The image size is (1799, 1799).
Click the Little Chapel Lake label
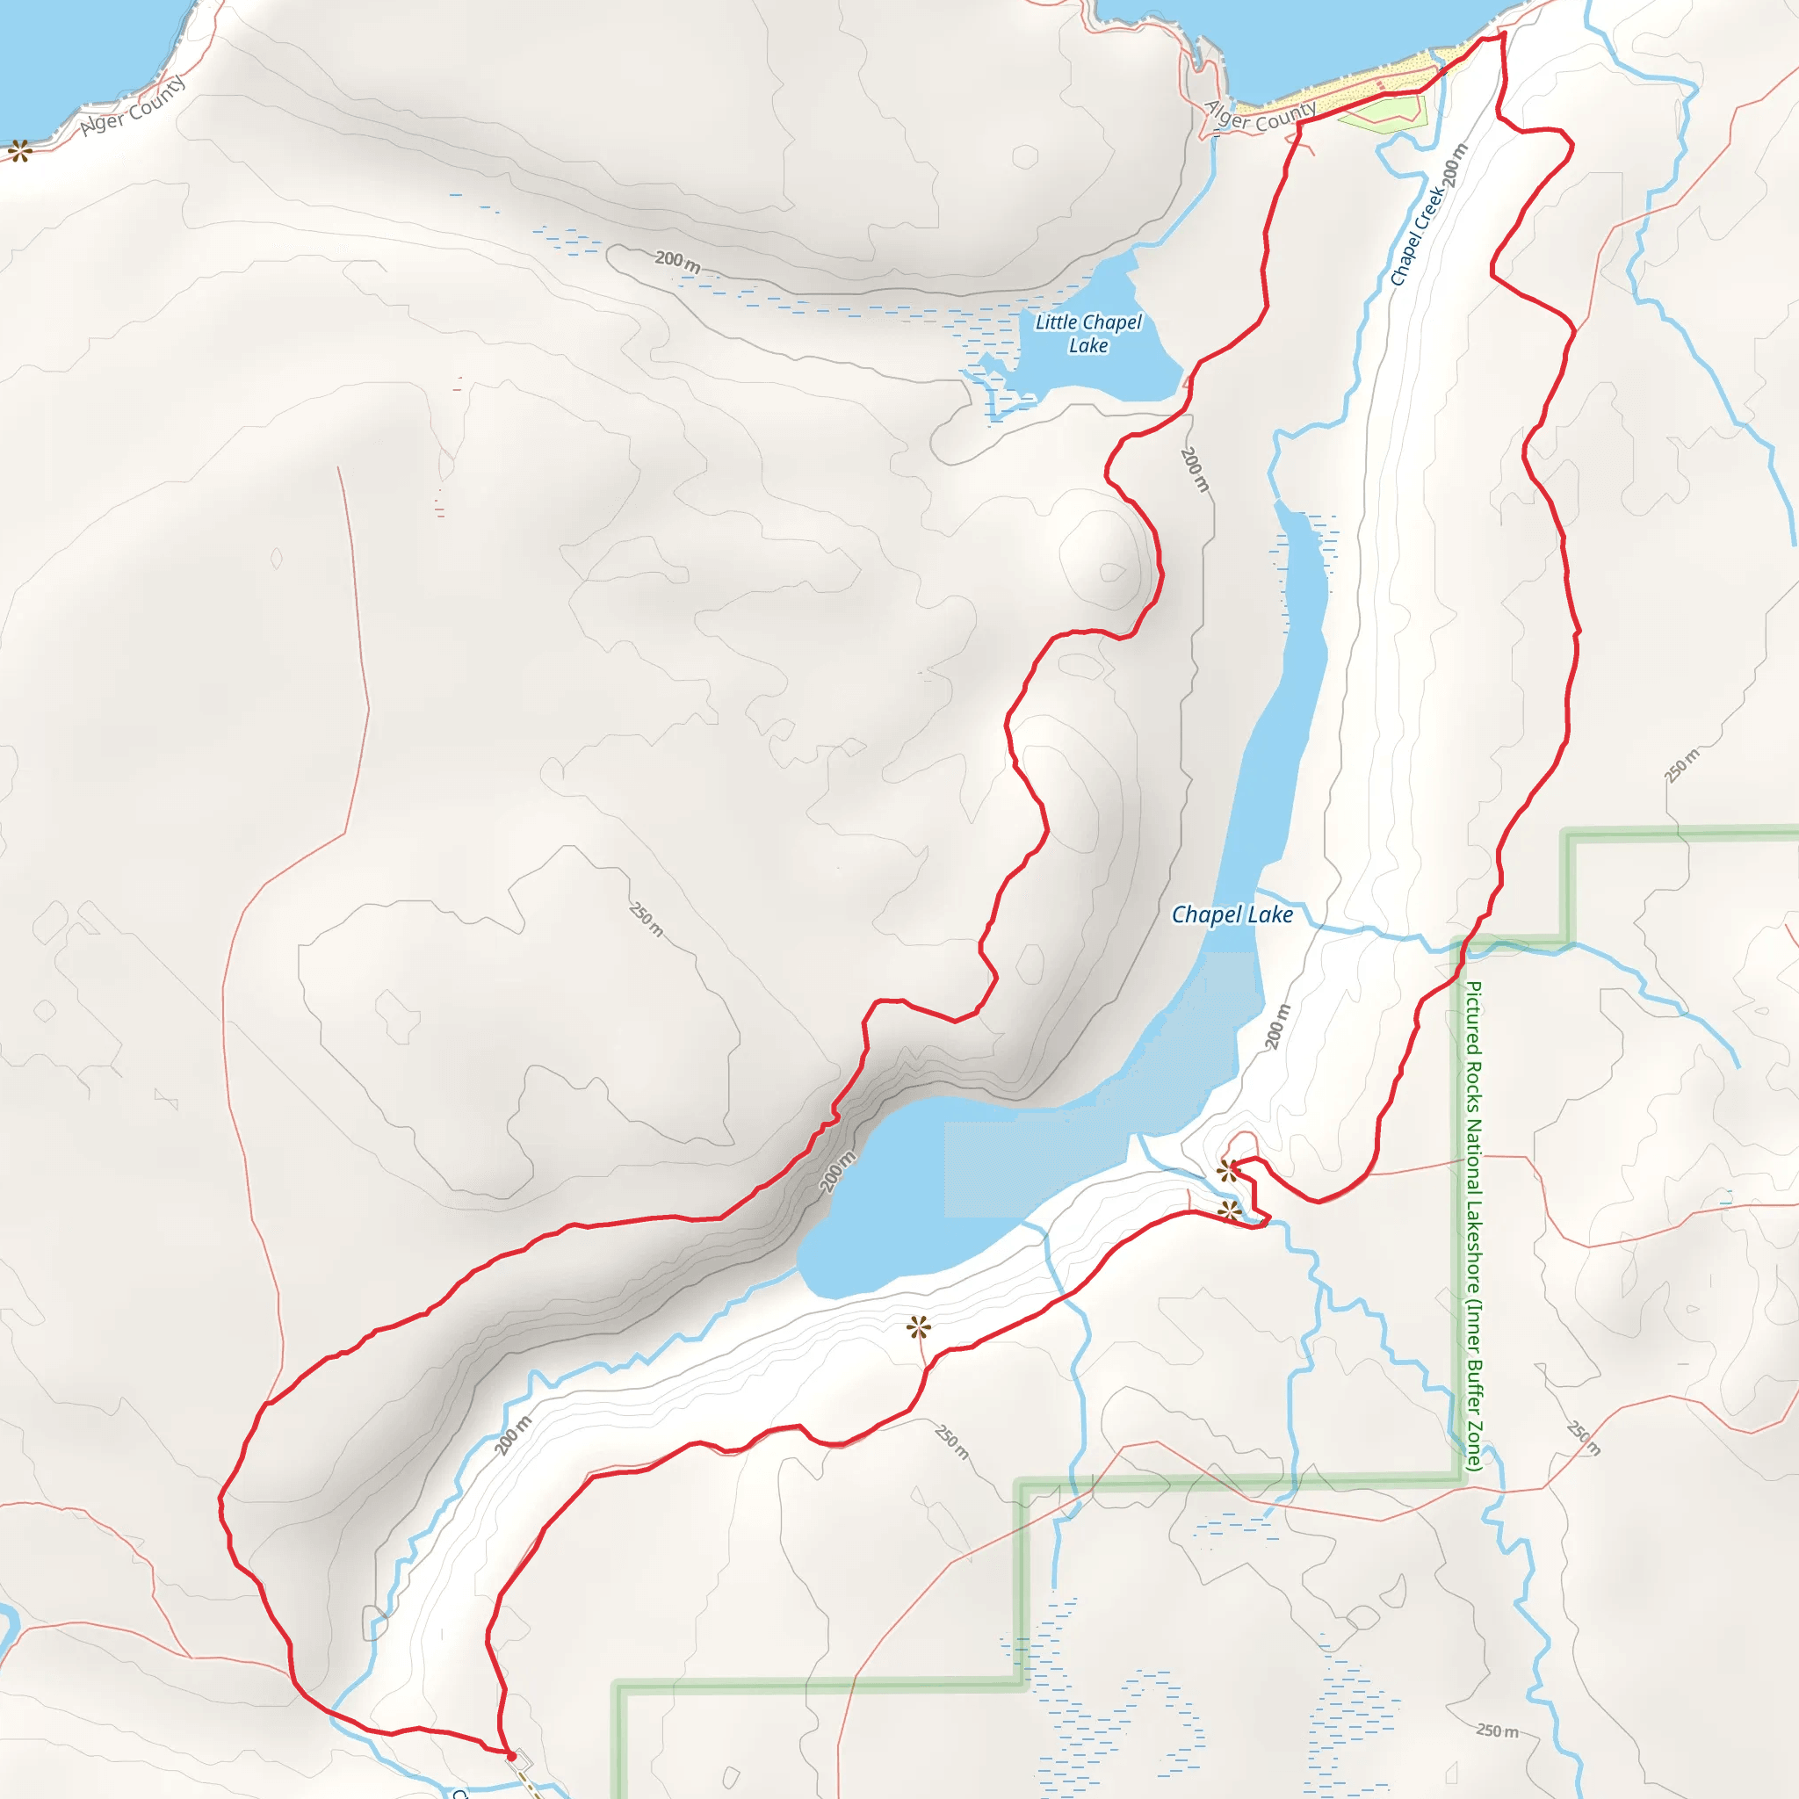(x=1087, y=333)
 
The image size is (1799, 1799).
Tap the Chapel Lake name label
(x=1231, y=914)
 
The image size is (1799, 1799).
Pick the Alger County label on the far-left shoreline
(x=133, y=105)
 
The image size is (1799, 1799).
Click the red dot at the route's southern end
(x=510, y=1756)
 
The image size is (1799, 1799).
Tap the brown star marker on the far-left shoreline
(x=19, y=151)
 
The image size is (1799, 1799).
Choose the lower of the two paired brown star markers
(x=1229, y=1211)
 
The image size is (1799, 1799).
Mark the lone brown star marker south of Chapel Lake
(x=919, y=1327)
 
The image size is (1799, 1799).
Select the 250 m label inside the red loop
(x=647, y=918)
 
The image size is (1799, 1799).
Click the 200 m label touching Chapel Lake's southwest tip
(x=837, y=1172)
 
